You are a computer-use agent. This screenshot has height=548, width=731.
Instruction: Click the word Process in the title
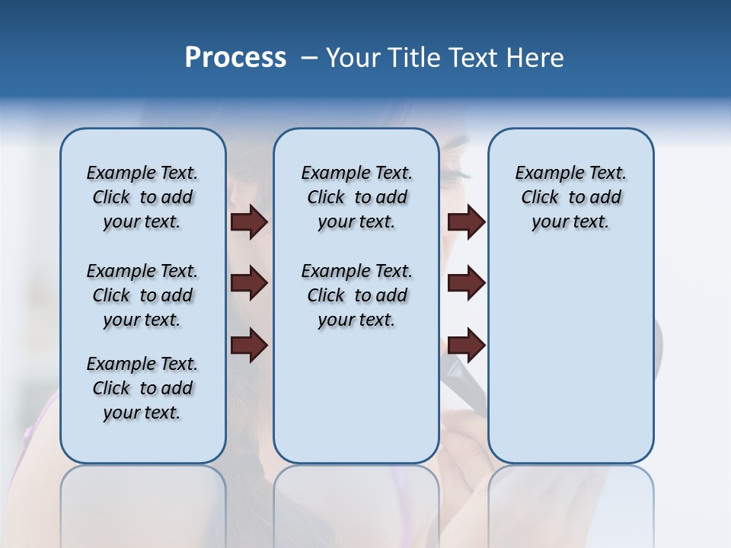tap(235, 58)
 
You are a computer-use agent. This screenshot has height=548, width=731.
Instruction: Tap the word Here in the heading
tap(536, 58)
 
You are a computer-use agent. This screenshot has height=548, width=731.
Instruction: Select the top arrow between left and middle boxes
tap(249, 222)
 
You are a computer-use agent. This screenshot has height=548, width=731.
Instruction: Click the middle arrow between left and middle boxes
tap(249, 284)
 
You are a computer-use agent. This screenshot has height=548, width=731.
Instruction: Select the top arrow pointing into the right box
tap(466, 222)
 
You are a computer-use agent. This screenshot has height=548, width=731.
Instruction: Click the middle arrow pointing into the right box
tap(466, 284)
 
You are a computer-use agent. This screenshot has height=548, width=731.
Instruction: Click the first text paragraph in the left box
tap(142, 197)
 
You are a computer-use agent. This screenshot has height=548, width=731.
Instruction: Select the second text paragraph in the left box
tap(142, 295)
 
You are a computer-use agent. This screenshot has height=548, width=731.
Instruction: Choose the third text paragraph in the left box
tap(142, 388)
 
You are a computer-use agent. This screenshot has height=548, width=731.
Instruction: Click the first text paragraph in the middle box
tap(356, 197)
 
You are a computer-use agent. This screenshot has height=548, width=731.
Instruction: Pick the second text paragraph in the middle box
tap(356, 295)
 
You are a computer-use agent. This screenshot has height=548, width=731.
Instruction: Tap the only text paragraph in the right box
tap(570, 197)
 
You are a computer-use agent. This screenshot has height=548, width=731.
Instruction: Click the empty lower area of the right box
tap(570, 358)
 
